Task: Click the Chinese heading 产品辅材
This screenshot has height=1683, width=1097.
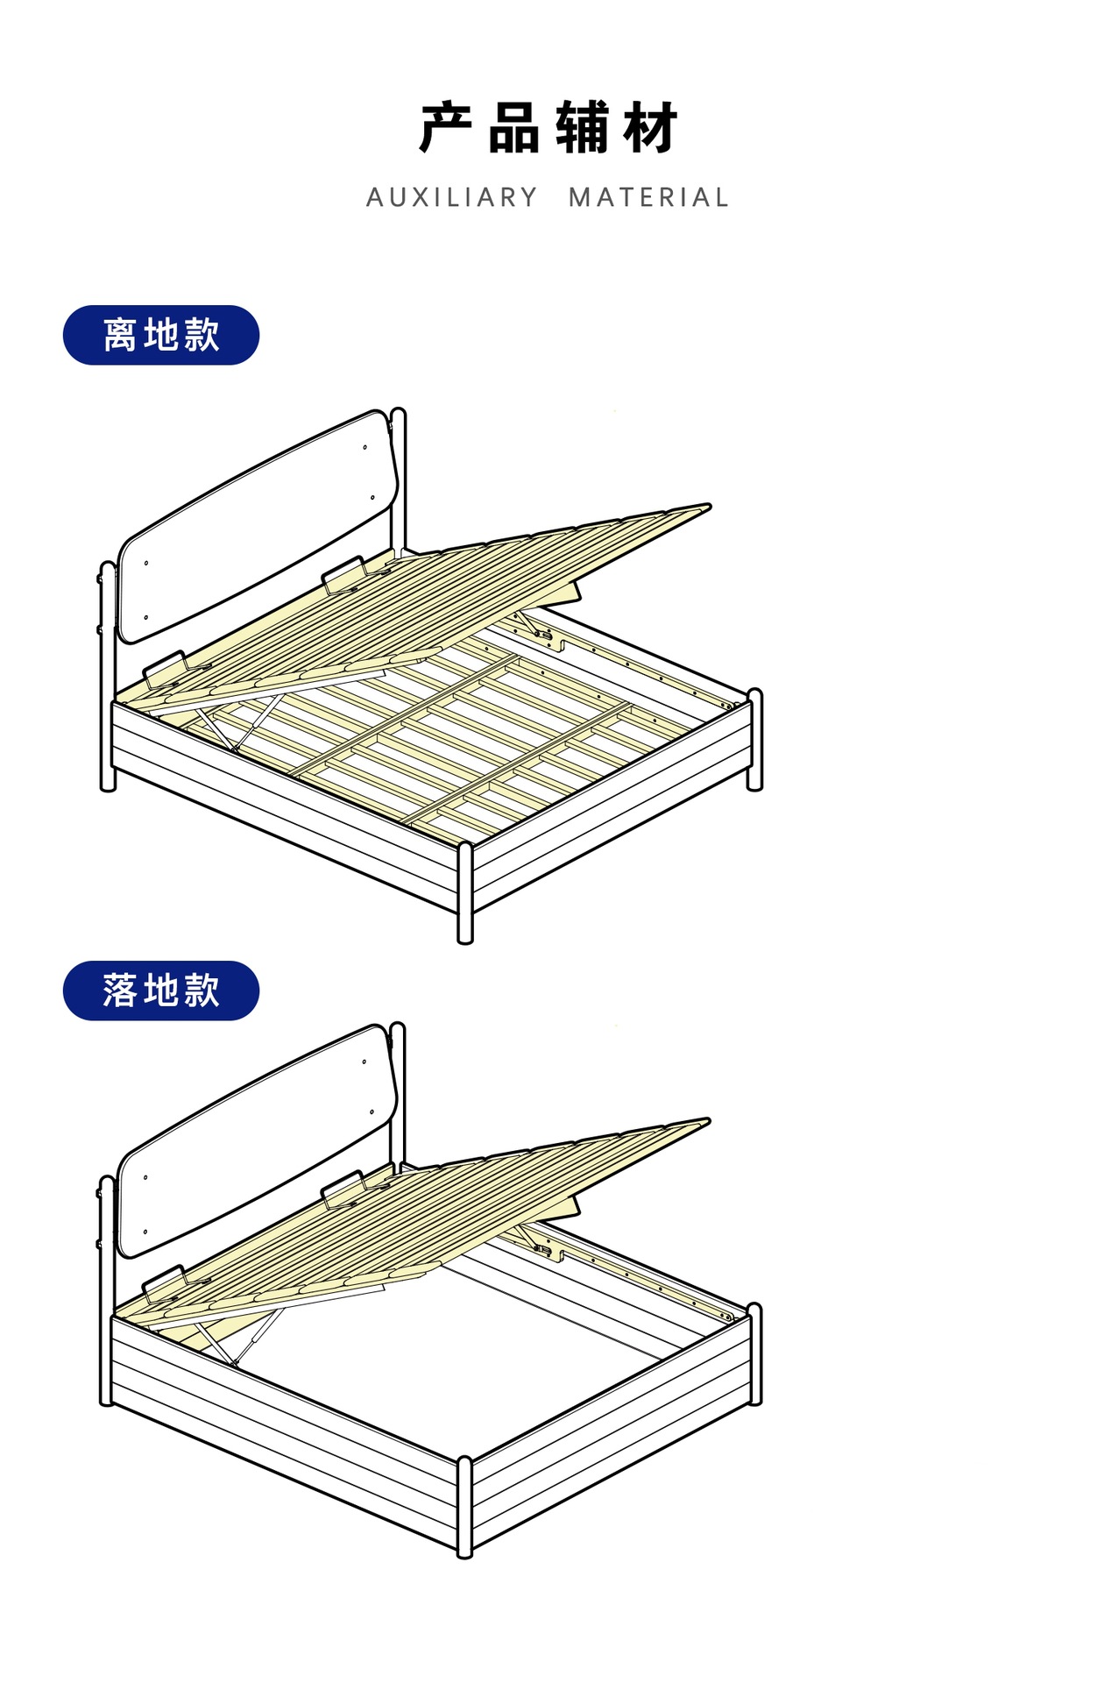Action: point(548,128)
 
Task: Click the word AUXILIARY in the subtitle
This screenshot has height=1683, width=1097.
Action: point(452,198)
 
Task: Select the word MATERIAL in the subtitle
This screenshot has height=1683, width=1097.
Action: point(648,198)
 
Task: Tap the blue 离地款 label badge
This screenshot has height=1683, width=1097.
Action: point(161,335)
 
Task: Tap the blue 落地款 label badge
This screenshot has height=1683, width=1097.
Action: point(161,991)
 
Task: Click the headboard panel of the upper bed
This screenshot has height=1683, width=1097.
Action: point(254,526)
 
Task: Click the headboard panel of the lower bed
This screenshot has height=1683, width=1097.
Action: point(254,1140)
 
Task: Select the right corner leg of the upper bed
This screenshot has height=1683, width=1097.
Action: point(754,741)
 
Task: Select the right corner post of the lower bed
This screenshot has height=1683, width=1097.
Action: point(754,1354)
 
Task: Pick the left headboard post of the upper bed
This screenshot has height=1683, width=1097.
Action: point(108,675)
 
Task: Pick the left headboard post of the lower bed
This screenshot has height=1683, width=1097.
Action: point(108,1289)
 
